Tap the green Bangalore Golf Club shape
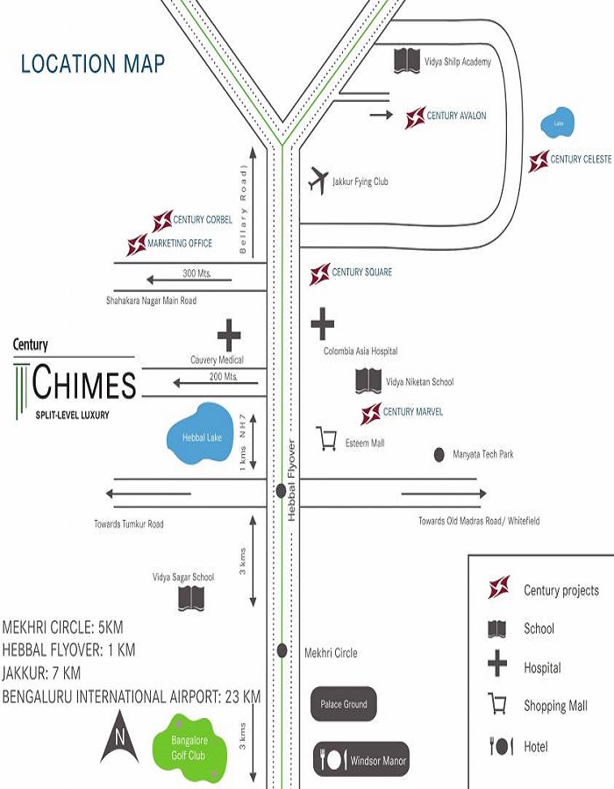coord(189,748)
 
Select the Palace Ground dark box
coord(344,703)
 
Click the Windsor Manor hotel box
coord(361,760)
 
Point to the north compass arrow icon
coord(120,737)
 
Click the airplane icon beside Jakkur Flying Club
coord(318,180)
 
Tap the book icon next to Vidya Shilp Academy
coord(407,60)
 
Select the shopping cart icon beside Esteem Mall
coord(327,438)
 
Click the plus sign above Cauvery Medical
coord(229,335)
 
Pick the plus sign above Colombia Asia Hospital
coord(323,324)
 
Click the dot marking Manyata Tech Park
coord(439,454)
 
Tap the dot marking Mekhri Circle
coord(282,650)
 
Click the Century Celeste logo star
coord(539,160)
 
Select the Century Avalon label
coord(456,116)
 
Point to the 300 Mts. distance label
coord(197,274)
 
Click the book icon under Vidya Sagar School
coord(191,598)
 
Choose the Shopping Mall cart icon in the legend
coord(498,704)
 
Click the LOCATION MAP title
coord(93,64)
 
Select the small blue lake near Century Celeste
coord(558,123)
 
